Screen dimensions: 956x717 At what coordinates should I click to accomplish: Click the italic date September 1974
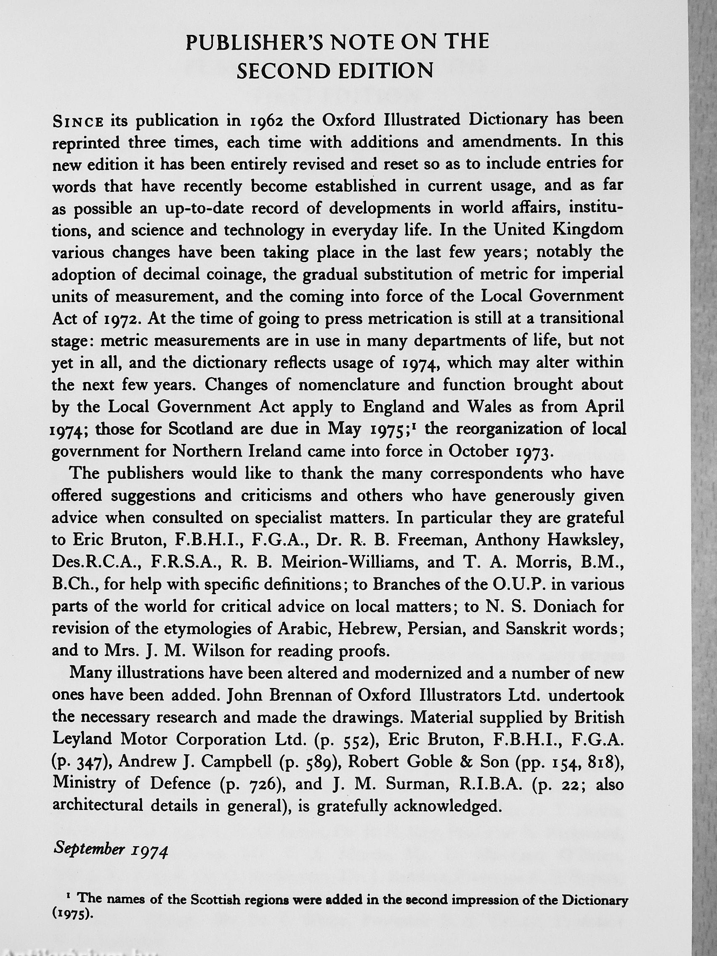tap(110, 848)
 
